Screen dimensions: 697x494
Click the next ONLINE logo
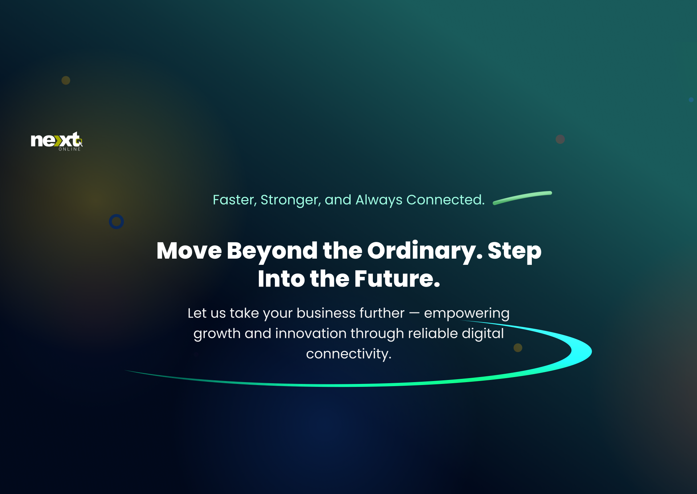point(57,141)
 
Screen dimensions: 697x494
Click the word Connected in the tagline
point(445,200)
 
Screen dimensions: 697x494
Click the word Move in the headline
point(189,251)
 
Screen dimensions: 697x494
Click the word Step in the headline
point(514,251)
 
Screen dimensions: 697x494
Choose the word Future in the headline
point(397,279)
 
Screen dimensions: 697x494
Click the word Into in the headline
point(281,279)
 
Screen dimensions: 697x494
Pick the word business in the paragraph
point(326,313)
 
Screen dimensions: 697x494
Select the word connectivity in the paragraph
point(349,354)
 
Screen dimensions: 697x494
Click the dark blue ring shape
point(117,215)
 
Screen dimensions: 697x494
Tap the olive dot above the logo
point(66,80)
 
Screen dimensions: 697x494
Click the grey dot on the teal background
point(560,139)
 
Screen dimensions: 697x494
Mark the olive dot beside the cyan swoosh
point(518,348)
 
